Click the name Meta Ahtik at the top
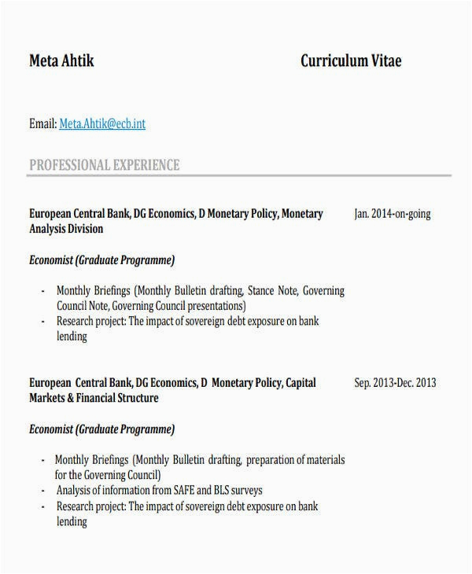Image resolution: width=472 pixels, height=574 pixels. (x=61, y=61)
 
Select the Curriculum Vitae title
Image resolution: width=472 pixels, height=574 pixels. (x=351, y=61)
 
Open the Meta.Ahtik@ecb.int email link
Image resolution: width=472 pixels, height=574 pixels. (x=102, y=123)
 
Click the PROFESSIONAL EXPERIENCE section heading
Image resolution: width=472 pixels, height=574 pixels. (x=105, y=165)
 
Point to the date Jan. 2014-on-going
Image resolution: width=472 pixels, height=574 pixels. (x=393, y=214)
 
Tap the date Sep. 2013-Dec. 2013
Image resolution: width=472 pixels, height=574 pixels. (x=395, y=383)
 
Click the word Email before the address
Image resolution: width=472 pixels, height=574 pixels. (x=42, y=123)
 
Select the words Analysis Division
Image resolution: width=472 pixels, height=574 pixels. (x=66, y=229)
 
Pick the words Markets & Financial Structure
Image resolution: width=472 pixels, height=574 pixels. (x=94, y=398)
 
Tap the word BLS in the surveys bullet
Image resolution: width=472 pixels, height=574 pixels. (x=233, y=491)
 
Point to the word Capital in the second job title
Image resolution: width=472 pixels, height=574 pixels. (x=301, y=383)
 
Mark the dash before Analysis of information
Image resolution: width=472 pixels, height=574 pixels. (x=42, y=491)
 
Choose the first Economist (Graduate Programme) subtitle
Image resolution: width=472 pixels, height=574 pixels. (x=101, y=259)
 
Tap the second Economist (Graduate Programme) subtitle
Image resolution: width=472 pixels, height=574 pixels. (x=101, y=429)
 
